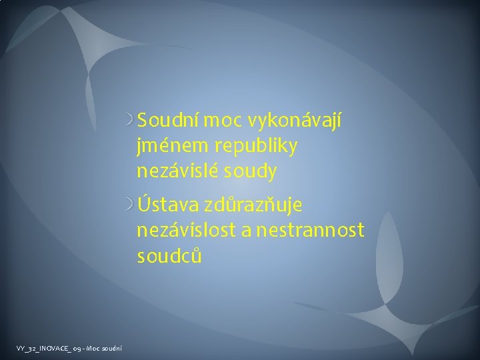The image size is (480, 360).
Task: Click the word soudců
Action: coord(169,255)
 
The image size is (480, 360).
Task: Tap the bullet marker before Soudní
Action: coord(131,121)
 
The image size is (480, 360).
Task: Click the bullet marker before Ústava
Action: coord(131,204)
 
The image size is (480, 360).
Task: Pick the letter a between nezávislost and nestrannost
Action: coord(246,231)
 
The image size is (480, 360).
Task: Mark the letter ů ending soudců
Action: coord(195,255)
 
